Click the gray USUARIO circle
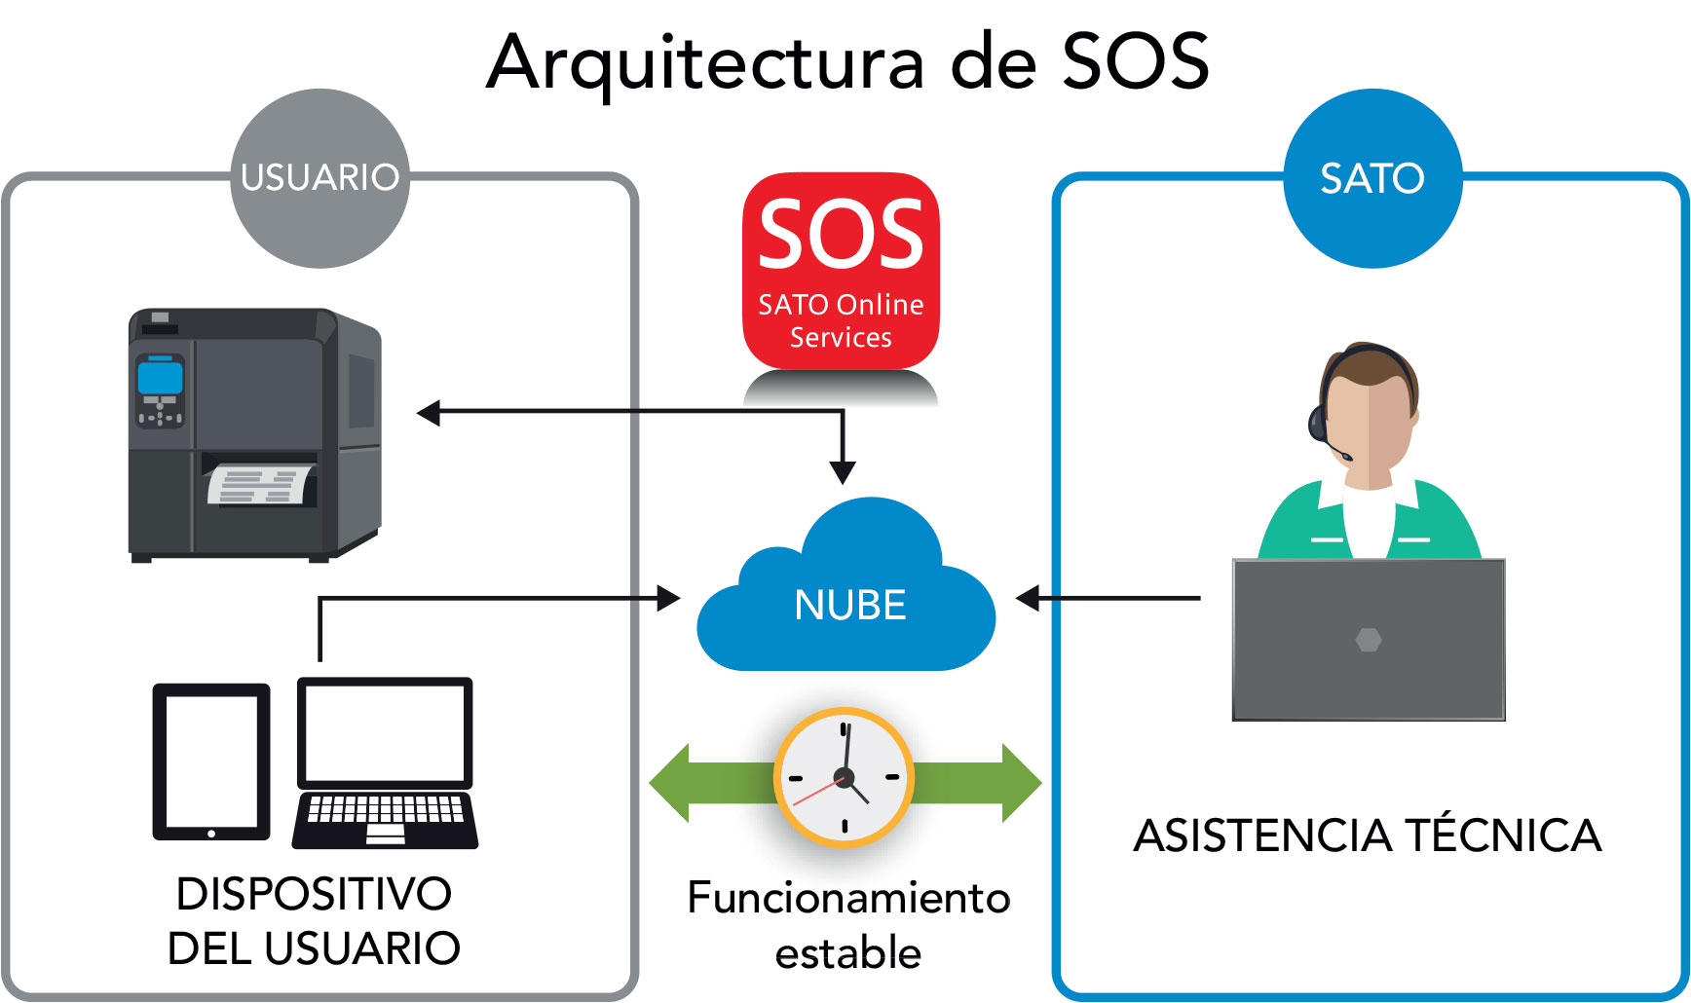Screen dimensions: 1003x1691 [x=319, y=178]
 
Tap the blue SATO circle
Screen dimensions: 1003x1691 [x=1372, y=178]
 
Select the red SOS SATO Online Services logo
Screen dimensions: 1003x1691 [x=841, y=270]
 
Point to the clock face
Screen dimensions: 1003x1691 [x=844, y=777]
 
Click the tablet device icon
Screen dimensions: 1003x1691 [x=210, y=762]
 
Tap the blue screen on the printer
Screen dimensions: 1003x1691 [x=160, y=375]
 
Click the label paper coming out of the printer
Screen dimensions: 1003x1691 [x=261, y=484]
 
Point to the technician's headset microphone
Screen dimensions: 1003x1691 [x=1345, y=456]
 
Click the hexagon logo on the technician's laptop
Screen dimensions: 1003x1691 [x=1369, y=640]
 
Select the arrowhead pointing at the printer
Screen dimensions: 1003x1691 [x=429, y=413]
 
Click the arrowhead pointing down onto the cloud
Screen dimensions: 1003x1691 [x=843, y=473]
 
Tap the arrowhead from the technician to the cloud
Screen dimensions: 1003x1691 [x=1028, y=598]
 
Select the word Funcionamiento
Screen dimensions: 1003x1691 [x=848, y=897]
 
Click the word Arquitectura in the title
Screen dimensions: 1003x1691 [x=705, y=62]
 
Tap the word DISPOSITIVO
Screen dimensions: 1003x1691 [x=314, y=893]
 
